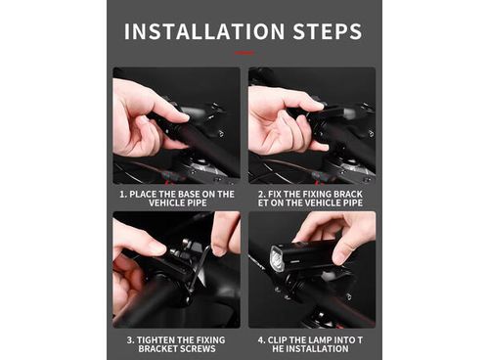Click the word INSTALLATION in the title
(x=204, y=31)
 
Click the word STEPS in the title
(x=328, y=31)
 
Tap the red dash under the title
(x=244, y=52)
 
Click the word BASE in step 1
(x=185, y=195)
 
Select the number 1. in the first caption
(x=123, y=195)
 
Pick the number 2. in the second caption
(x=262, y=195)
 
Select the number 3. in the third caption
(x=130, y=340)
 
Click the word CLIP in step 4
(x=277, y=340)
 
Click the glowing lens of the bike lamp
(x=278, y=258)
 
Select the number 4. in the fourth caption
(x=262, y=340)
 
